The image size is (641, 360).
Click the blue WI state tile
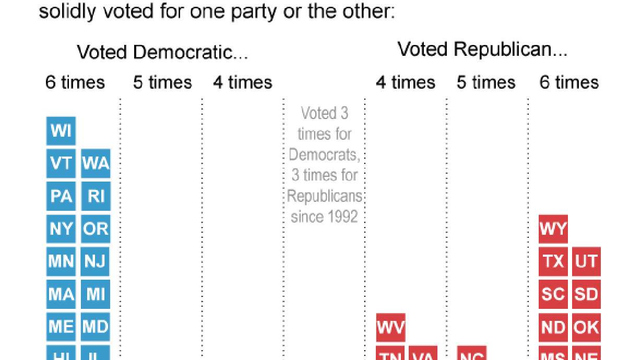click(61, 130)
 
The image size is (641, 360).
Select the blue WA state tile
click(96, 163)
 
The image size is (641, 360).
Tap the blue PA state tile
click(61, 196)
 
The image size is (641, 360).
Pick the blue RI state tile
click(96, 196)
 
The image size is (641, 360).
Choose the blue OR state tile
click(96, 229)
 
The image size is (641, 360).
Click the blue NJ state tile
click(96, 261)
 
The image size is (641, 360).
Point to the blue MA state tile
click(61, 294)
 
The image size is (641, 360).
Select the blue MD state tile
click(96, 327)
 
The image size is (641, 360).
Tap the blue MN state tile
click(61, 261)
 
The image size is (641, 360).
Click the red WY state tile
click(553, 229)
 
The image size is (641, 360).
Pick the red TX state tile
click(553, 261)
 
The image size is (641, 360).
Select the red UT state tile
click(586, 261)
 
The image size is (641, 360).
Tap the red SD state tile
click(586, 294)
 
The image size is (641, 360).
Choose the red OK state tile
click(586, 327)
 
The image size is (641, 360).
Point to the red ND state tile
click(553, 327)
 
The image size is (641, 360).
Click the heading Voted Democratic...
click(162, 52)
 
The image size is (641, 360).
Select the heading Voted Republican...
click(482, 50)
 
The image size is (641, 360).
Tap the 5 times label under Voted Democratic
click(162, 82)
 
